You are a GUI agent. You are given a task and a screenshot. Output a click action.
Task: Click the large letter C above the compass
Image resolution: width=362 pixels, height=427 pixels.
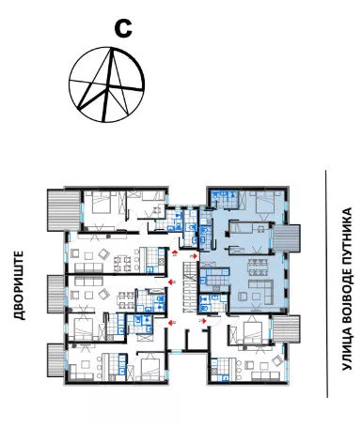tap(123, 28)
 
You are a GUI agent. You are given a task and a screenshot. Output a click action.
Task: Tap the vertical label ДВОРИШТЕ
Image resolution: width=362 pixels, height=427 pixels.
tap(20, 285)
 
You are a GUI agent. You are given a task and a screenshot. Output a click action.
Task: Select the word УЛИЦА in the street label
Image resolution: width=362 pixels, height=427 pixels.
tap(347, 354)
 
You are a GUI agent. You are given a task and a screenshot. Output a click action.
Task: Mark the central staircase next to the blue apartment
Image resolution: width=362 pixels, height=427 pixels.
tap(190, 287)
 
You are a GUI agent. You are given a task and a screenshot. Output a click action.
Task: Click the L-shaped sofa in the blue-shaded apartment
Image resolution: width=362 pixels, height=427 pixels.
tap(261, 291)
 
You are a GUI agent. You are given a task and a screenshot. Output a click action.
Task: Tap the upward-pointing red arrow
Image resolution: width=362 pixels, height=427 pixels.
tap(174, 252)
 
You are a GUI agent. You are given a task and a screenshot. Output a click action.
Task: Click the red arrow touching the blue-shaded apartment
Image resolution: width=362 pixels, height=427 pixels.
tap(195, 256)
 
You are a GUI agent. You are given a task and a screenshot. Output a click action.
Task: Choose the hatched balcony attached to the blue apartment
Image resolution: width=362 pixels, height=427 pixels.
tap(287, 238)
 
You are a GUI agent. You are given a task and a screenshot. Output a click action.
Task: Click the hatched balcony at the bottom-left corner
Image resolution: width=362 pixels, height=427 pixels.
tap(55, 360)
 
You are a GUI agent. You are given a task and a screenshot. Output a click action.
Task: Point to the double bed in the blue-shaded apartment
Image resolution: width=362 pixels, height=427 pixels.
tap(265, 205)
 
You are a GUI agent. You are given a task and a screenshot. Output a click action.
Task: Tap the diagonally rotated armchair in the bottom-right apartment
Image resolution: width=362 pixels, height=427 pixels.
tap(276, 361)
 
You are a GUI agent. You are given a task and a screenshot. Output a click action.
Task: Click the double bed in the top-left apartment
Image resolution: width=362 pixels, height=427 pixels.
tap(102, 203)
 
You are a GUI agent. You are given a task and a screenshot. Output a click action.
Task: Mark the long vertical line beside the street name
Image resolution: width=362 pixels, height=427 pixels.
tap(326, 283)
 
